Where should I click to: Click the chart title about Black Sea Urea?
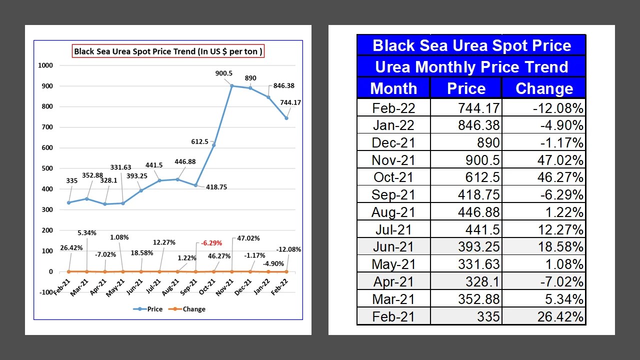(x=168, y=51)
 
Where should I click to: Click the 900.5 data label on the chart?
(x=223, y=73)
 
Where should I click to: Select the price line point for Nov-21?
(x=232, y=86)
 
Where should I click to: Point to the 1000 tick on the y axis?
(x=45, y=65)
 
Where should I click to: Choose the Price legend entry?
(x=148, y=309)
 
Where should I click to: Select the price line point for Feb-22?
(x=287, y=118)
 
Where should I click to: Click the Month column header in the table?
(x=393, y=88)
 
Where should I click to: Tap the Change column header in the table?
(x=544, y=88)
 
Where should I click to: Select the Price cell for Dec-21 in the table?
(x=466, y=142)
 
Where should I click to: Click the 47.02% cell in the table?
(x=544, y=160)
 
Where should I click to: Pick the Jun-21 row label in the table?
(x=393, y=246)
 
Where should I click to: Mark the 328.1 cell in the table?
(x=466, y=281)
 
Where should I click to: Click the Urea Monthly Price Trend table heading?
(x=471, y=67)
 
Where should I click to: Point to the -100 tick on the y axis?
(x=45, y=292)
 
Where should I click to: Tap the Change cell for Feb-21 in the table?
(x=544, y=316)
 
